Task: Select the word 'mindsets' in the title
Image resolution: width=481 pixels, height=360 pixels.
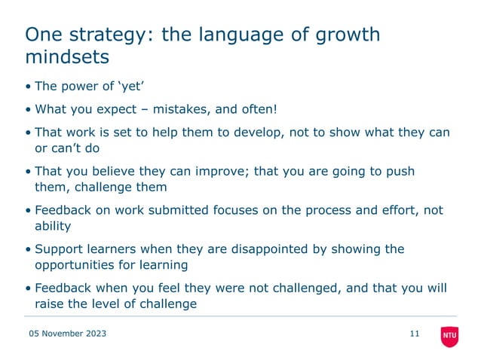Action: click(68, 57)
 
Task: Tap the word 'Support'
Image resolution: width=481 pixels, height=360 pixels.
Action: click(59, 249)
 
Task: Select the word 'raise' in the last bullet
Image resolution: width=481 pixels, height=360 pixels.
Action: click(49, 304)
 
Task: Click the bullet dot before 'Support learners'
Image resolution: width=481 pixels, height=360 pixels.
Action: click(28, 250)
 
